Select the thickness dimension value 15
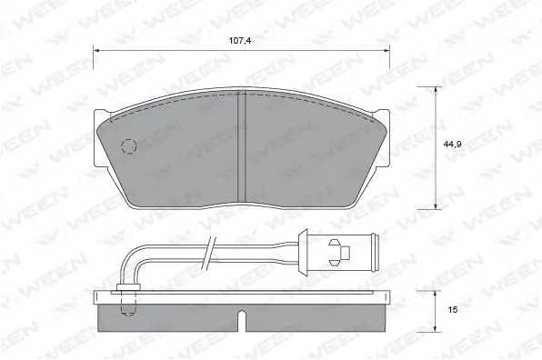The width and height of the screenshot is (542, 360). (x=452, y=311)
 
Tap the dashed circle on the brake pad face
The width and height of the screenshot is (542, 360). (x=128, y=146)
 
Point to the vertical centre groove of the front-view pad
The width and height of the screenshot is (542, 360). (x=242, y=145)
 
